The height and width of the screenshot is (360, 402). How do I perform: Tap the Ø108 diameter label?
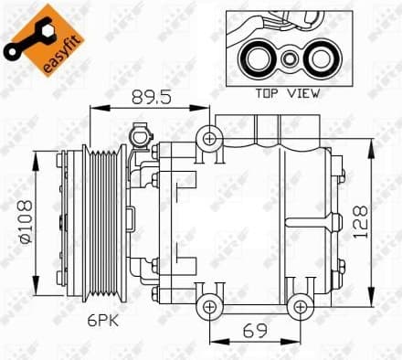pos(25,219)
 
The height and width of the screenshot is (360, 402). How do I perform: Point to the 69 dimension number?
pos(253,328)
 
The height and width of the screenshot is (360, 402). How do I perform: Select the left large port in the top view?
pos(258,58)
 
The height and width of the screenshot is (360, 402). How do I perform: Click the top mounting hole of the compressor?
pos(211,139)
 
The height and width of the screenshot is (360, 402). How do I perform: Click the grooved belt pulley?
pos(102,219)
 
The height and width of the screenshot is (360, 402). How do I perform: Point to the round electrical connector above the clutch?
pos(140,136)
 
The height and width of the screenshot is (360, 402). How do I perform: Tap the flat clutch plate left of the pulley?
pos(63,219)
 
